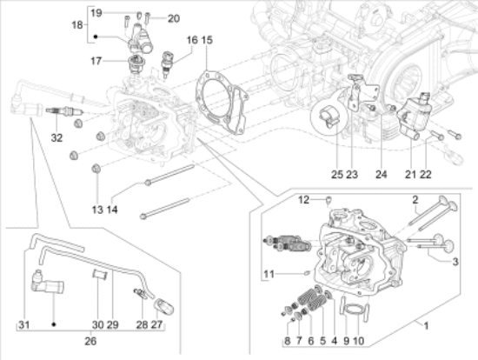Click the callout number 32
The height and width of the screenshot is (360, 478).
[56, 138]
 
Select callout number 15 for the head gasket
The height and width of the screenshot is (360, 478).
[207, 40]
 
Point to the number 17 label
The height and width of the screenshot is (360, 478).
[96, 61]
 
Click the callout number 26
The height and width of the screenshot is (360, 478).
[90, 341]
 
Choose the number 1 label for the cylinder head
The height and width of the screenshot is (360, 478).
[426, 326]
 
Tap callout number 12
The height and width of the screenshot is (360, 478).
[303, 200]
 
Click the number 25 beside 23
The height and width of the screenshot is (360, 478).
[337, 175]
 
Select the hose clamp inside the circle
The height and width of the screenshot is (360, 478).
[329, 118]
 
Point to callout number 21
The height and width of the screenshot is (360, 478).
[410, 175]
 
